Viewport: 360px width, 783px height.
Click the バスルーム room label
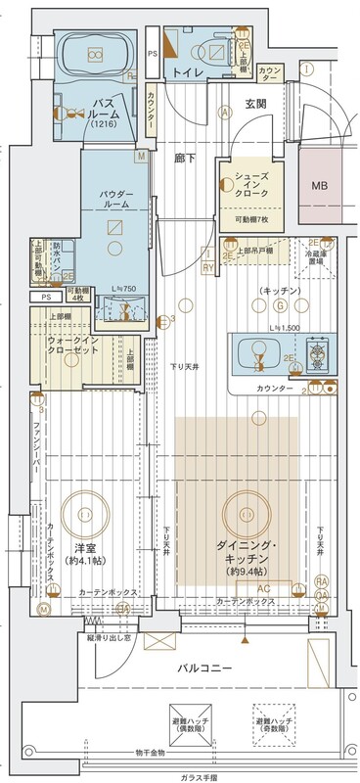tap(107, 114)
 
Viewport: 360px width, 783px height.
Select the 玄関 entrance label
tap(256, 105)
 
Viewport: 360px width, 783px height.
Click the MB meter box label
tap(320, 186)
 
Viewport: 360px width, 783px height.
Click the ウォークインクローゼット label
tap(76, 345)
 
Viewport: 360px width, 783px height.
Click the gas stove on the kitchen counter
tap(318, 351)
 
